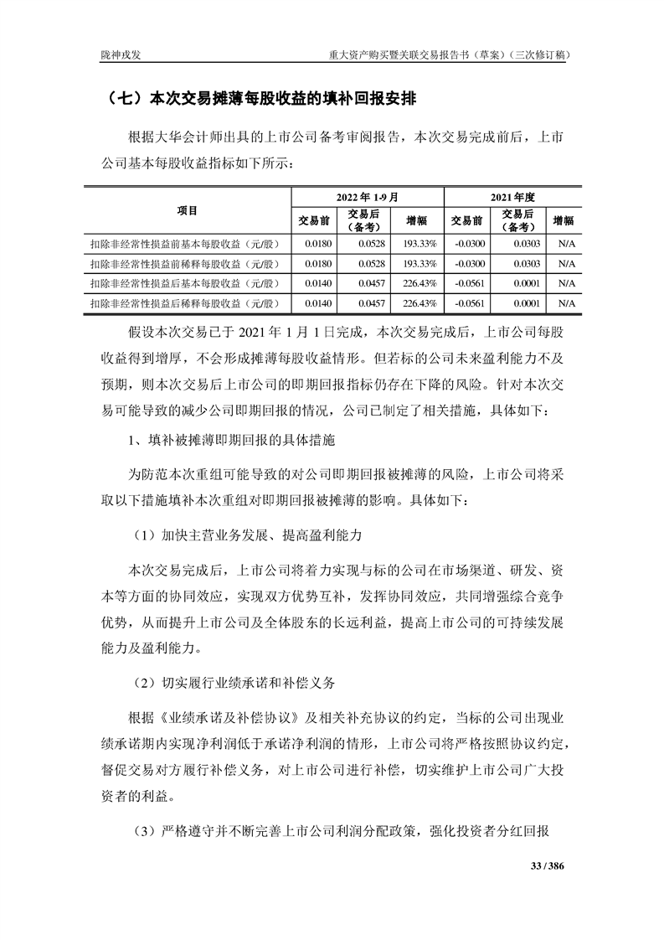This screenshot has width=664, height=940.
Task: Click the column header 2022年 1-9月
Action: (365, 197)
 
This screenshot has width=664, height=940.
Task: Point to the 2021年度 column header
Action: (512, 197)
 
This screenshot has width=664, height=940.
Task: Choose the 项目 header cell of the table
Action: (188, 209)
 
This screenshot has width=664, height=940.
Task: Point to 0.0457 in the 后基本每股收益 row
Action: (372, 282)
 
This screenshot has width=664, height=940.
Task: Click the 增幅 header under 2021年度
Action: (564, 220)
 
